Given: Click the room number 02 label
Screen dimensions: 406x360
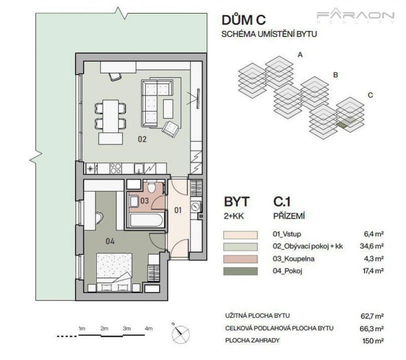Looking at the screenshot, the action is coord(142,139).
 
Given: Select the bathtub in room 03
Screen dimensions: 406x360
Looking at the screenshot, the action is coord(146,220).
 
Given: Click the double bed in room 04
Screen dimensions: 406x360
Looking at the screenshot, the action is coord(114,272).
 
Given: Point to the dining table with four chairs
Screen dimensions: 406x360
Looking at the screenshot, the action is coord(111,115).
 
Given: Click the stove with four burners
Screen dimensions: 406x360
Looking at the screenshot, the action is coord(115,169).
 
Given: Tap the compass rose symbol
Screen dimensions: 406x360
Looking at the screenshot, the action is coord(180,334).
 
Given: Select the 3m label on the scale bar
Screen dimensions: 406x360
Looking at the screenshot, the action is coord(127,328).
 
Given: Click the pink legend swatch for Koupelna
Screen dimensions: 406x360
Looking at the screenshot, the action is coord(240,259).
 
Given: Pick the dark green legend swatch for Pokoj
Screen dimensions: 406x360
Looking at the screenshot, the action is coord(240,271).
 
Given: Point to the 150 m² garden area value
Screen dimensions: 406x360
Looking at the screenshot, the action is coord(373,340).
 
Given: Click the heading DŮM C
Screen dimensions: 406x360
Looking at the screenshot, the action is coord(244,20).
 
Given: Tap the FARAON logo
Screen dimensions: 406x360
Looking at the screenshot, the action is coord(355,17).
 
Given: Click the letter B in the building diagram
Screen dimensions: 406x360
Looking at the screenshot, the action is coord(335,75).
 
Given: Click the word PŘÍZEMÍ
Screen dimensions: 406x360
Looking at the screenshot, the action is coord(289,216).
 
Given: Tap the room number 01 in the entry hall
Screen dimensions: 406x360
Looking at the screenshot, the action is coord(178,210).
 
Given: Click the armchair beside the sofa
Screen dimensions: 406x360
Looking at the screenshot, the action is coord(170,129).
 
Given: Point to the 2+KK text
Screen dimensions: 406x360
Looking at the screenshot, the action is coord(234,216).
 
